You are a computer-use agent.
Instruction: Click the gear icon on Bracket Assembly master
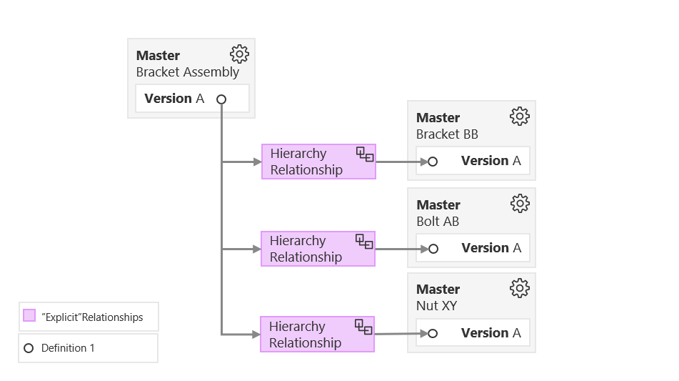click(x=239, y=54)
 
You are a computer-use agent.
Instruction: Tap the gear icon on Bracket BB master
click(x=519, y=116)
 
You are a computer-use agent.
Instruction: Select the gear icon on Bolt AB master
click(x=519, y=203)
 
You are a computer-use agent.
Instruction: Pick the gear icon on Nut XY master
click(x=519, y=287)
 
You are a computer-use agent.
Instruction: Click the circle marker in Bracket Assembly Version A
click(x=221, y=99)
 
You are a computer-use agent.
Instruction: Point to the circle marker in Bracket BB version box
click(x=432, y=162)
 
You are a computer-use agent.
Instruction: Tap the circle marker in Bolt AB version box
click(x=432, y=249)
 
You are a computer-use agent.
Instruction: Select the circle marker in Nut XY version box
click(x=432, y=333)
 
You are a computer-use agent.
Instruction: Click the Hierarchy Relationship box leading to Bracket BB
click(x=318, y=162)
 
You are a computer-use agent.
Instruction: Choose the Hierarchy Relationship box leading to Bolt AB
click(x=318, y=249)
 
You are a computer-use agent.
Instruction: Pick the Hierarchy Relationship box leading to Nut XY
click(x=317, y=335)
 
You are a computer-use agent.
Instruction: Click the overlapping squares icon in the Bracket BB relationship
click(x=365, y=154)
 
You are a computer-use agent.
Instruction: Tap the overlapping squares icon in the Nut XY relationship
click(x=364, y=327)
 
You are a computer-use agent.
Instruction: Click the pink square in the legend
click(x=29, y=316)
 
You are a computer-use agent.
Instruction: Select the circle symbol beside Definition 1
click(x=29, y=348)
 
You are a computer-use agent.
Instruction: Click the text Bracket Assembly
click(x=188, y=72)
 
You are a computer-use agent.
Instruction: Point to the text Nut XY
click(x=436, y=306)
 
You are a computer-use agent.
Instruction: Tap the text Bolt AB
click(x=438, y=222)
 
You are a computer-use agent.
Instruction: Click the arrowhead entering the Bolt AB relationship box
click(x=257, y=249)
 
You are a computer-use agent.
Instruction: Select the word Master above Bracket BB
click(x=438, y=117)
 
